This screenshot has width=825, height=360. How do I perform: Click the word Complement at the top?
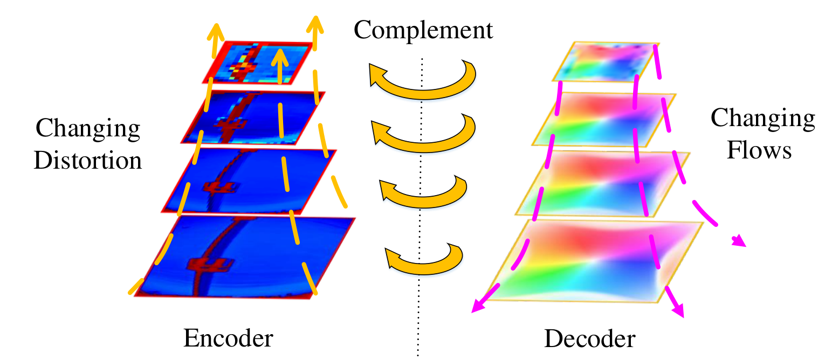click(x=423, y=30)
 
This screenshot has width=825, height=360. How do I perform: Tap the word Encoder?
click(x=228, y=338)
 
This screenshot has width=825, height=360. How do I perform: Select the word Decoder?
click(x=590, y=338)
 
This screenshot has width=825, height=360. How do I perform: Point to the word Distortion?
click(x=88, y=160)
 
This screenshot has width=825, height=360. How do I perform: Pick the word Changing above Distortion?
click(x=88, y=129)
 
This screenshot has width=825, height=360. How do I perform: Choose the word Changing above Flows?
click(x=763, y=119)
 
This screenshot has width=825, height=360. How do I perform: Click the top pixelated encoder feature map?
click(x=258, y=63)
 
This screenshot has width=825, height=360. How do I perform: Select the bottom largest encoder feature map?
click(x=245, y=257)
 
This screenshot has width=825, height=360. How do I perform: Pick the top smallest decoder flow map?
click(x=606, y=62)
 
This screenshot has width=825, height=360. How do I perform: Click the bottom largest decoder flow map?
click(x=595, y=261)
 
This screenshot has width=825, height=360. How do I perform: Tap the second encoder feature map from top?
click(x=253, y=117)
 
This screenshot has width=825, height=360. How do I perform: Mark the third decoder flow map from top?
click(x=603, y=183)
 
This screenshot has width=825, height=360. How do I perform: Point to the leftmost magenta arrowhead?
click(x=479, y=306)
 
